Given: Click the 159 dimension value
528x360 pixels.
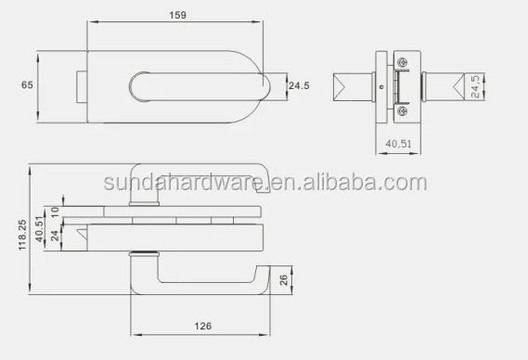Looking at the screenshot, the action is pos(177,15).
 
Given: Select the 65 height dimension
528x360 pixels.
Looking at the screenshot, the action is pos(27,84).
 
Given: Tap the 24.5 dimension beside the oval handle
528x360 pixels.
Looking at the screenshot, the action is pos(299,86).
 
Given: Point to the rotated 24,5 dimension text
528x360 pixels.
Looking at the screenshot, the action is pos(475,86).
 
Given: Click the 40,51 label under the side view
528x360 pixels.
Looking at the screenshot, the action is pos(398,144).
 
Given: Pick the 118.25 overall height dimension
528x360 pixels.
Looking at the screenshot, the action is pos(22,235).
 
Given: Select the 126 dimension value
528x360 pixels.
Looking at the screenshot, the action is pos(203,326).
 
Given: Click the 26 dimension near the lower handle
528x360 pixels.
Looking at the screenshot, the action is pos(284,280).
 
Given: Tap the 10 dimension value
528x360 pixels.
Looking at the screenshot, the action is pos(55,212).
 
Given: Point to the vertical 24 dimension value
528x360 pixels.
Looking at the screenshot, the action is pos(55,236).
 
